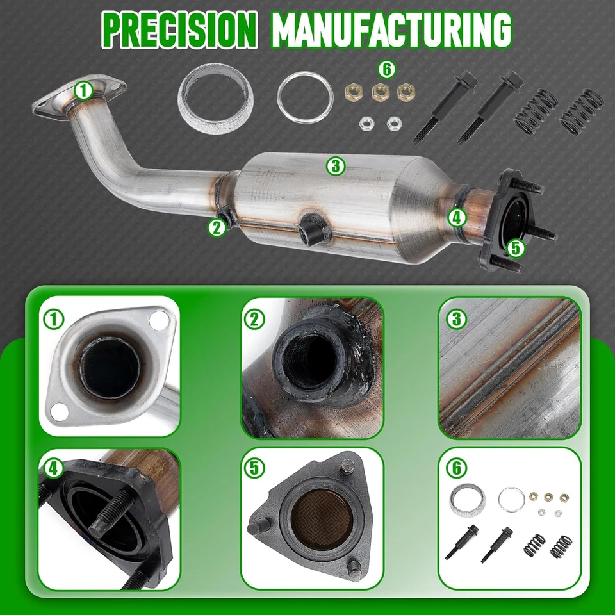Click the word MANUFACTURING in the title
click(x=392, y=29)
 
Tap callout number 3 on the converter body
click(x=335, y=167)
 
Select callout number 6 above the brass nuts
click(x=387, y=69)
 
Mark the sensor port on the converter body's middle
click(x=312, y=228)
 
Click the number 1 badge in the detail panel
click(x=56, y=318)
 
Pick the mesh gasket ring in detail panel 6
click(x=466, y=501)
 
